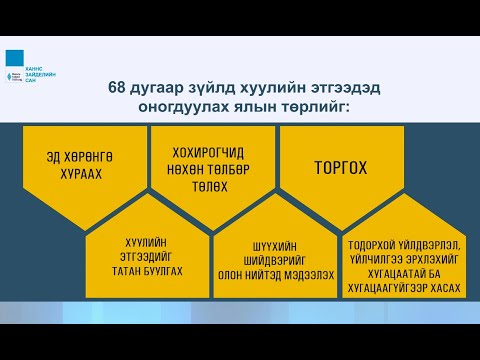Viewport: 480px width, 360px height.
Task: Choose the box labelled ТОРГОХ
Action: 343,158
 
